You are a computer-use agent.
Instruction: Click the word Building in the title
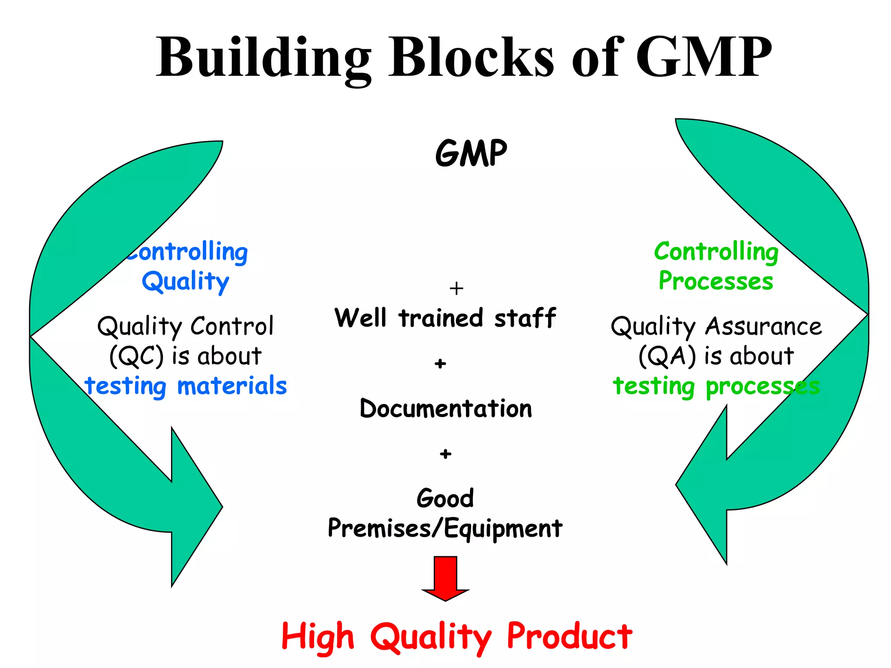(x=264, y=57)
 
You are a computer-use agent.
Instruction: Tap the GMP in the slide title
(x=703, y=57)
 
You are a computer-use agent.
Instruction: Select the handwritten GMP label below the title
(x=471, y=153)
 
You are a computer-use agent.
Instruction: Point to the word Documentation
(x=446, y=409)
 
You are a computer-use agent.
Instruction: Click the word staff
(x=525, y=317)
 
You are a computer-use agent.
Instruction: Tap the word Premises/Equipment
(x=445, y=529)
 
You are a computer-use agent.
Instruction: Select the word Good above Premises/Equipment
(x=445, y=498)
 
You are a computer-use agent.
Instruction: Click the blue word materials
(x=232, y=386)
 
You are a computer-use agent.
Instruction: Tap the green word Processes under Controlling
(x=716, y=281)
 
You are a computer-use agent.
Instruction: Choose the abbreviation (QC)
(x=136, y=357)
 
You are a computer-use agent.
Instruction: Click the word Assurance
(x=764, y=326)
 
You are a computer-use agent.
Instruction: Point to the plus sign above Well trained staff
(x=456, y=288)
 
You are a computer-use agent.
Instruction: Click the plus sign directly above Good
(x=445, y=454)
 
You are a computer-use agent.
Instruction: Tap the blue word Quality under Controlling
(x=186, y=281)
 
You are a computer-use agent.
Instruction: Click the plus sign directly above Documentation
(x=440, y=364)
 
